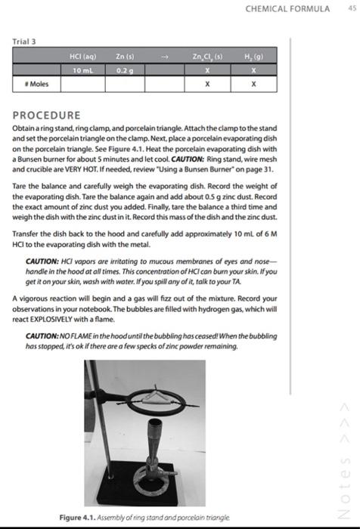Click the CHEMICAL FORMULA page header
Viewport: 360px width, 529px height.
288,8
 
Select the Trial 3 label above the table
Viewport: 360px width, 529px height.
23,42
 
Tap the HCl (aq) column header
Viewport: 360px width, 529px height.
82,56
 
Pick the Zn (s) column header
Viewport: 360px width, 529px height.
126,56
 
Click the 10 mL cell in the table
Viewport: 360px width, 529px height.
82,69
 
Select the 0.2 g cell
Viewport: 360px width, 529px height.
126,69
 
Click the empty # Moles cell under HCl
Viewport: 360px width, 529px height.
82,84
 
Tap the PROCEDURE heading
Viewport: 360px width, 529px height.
46,116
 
